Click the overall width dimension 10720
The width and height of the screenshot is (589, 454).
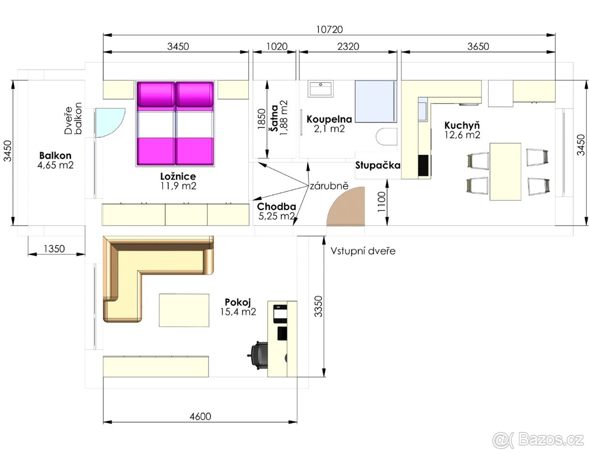point(328,29)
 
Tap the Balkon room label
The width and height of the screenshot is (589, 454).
point(55,155)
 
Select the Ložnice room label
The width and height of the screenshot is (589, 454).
point(178,177)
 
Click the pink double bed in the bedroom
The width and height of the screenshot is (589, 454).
point(175,124)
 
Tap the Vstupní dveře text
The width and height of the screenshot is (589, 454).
point(363,251)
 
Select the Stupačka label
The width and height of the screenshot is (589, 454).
point(377,165)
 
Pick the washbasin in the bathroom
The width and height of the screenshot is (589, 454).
point(321,89)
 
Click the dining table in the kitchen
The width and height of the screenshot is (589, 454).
point(506,171)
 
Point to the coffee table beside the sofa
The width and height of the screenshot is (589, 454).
point(184,310)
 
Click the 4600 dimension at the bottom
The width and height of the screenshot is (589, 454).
point(200,417)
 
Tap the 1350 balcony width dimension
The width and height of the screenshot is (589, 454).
point(54,249)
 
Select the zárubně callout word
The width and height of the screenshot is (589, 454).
point(328,186)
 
